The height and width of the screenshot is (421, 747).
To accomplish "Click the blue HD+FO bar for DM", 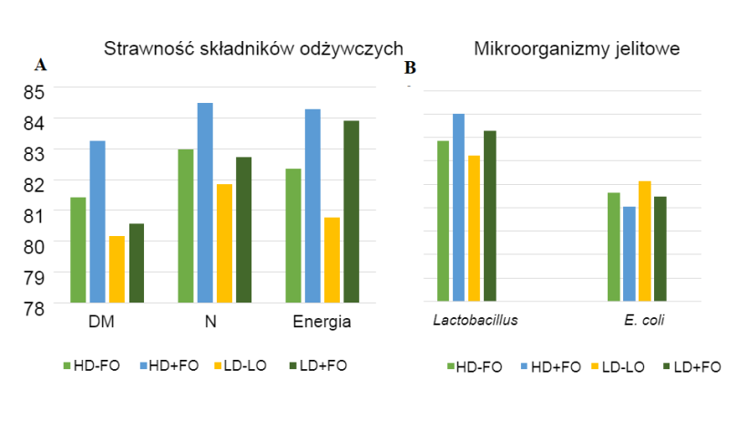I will pyautogui.click(x=97, y=221).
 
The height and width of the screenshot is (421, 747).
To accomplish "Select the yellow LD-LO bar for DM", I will pyautogui.click(x=117, y=269).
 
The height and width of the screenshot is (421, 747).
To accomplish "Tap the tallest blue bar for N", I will pyautogui.click(x=205, y=202).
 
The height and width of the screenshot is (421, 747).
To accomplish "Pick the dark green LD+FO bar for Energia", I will pyautogui.click(x=351, y=211).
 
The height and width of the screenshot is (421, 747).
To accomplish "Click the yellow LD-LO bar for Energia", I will pyautogui.click(x=332, y=260).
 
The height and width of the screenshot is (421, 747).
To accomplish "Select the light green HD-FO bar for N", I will pyautogui.click(x=186, y=225).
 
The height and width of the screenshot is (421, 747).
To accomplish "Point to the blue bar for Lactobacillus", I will pyautogui.click(x=458, y=207).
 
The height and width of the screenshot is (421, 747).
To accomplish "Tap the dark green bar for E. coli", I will pyautogui.click(x=660, y=248).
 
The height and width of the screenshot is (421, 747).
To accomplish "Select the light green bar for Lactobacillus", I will pyautogui.click(x=443, y=221).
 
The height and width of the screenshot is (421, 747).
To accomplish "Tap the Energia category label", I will pyautogui.click(x=322, y=323).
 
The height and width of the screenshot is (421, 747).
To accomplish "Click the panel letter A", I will pyautogui.click(x=40, y=65).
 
